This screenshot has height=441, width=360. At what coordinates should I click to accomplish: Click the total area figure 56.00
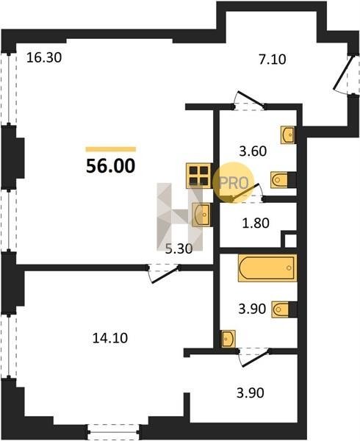point(110,166)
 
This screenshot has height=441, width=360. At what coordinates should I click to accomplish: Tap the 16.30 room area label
point(44,57)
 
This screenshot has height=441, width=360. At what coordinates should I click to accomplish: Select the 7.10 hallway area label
point(273,60)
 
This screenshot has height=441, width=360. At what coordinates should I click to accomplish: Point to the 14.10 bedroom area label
point(110,338)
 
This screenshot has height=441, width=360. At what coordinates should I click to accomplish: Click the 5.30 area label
point(179,249)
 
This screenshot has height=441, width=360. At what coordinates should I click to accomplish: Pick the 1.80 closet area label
point(256,223)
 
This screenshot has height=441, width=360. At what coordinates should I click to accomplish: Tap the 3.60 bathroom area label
point(253,151)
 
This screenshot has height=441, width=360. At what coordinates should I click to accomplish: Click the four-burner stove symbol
point(198,176)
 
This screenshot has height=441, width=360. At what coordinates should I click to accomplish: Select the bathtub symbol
point(267,268)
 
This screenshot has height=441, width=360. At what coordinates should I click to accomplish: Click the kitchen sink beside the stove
point(201,215)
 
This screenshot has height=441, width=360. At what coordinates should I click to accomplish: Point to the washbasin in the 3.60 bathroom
point(287,135)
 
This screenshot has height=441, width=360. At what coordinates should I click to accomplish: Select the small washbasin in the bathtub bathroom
point(228,339)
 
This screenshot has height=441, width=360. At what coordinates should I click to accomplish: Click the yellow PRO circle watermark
point(233,182)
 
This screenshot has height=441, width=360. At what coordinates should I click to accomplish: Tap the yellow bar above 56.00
point(111,149)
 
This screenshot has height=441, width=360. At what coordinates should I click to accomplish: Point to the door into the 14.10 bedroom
point(163,273)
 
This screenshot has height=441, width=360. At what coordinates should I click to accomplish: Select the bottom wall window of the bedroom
point(113,428)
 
